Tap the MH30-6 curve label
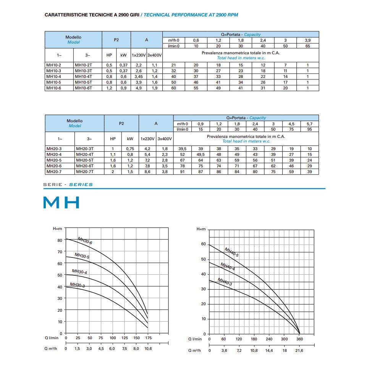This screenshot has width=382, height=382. pyautogui.click(x=85, y=241)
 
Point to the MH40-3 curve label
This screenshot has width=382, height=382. pyautogui.click(x=225, y=282)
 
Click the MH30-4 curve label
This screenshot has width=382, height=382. pyautogui.click(x=79, y=272)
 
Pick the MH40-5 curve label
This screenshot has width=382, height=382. pyautogui.click(x=231, y=252)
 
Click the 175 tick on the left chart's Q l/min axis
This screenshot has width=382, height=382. pyautogui.click(x=148, y=338)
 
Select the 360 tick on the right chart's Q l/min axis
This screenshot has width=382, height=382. pyautogui.click(x=299, y=339)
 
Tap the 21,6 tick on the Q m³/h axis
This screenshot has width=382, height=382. pyautogui.click(x=299, y=350)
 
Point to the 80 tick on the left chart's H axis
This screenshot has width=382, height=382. pyautogui.click(x=60, y=240)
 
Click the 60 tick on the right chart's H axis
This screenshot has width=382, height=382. pyautogui.click(x=203, y=244)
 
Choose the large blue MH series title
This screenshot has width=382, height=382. pyautogui.click(x=61, y=202)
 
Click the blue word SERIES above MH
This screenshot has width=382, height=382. pyautogui.click(x=81, y=185)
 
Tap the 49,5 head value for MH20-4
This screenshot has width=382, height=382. pyautogui.click(x=201, y=154)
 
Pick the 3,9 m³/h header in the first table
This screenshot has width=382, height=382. pyautogui.click(x=308, y=40)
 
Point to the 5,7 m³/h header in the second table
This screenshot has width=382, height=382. pyautogui.click(x=309, y=124)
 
